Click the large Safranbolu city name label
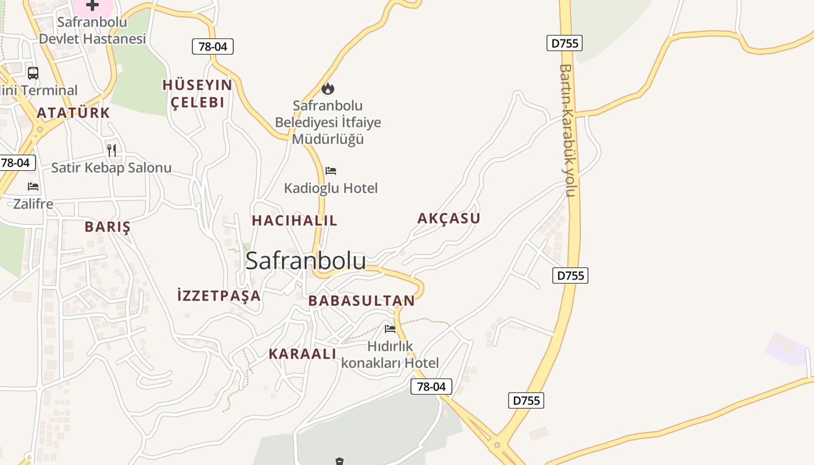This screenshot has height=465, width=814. click(306, 261)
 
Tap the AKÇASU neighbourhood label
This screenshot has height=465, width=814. click(449, 219)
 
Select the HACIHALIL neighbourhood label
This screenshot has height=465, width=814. click(294, 221)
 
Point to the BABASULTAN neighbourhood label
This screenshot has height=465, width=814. click(362, 301)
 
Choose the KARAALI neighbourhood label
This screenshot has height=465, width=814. click(302, 354)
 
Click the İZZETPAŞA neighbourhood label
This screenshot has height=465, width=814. click(219, 296)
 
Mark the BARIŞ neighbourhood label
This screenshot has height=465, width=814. click(108, 227)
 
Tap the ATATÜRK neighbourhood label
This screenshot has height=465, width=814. click(73, 113)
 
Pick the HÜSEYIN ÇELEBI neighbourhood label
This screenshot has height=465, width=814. click(198, 94)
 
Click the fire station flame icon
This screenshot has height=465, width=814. click(328, 89)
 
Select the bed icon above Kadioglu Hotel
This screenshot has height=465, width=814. click(331, 171)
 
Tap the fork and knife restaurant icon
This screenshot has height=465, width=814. click(112, 151)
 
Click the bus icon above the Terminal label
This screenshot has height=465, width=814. click(33, 73)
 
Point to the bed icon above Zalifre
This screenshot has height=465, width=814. click(33, 187)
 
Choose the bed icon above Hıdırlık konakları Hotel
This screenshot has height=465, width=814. click(390, 329)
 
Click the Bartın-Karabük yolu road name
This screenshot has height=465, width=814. click(567, 130)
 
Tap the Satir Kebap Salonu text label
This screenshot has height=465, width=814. click(111, 168)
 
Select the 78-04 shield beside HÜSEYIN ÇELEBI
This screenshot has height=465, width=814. click(212, 46)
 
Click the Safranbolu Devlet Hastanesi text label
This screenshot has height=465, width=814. click(92, 31)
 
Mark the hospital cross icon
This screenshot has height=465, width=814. click(92, 5)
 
